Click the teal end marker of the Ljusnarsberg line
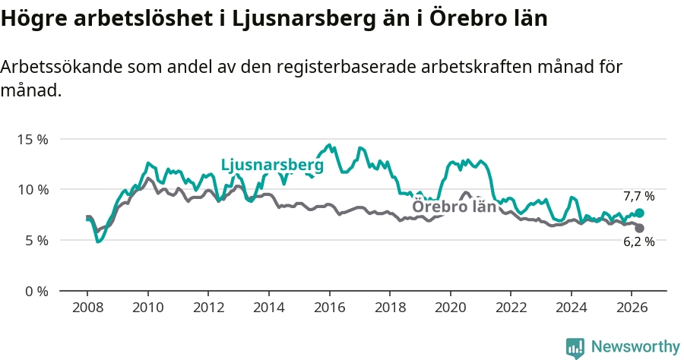pos(639,213)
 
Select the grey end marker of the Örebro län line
pos(639,228)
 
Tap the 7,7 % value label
pos(639,197)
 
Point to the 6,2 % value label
pos(639,242)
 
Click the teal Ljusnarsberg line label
pos(272,165)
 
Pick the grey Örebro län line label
pos(454,206)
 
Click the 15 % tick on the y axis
pos(33,140)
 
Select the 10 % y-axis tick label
pos(33,190)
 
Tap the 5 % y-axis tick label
pos(36,241)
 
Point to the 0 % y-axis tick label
pos(36,291)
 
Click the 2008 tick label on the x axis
pos(87,308)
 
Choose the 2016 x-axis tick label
pos(329,308)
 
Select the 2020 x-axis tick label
pos(451,308)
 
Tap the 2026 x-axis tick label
pos(632,308)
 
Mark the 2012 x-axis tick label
pos(208,308)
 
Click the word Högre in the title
pos(33,19)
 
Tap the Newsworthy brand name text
pos(635,347)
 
